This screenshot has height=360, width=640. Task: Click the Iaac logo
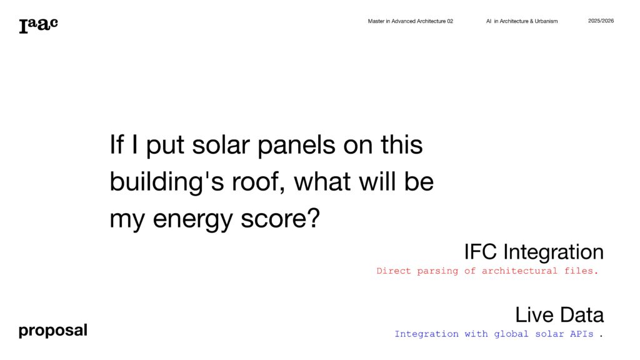click(38, 25)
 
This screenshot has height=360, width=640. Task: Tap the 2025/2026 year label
click(601, 21)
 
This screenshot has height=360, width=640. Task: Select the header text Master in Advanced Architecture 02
click(410, 21)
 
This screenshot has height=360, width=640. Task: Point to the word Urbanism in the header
click(546, 21)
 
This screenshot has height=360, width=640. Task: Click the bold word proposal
click(53, 331)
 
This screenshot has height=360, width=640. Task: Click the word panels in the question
click(296, 145)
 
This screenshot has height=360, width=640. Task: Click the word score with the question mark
click(280, 218)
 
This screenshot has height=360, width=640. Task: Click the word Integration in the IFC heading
click(554, 252)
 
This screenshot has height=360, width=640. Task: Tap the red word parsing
click(437, 271)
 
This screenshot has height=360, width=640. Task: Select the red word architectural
click(519, 271)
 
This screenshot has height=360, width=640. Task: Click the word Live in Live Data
click(534, 315)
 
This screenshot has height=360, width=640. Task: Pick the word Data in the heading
click(582, 315)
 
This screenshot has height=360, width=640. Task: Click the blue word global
click(511, 334)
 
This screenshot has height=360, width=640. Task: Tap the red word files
click(581, 271)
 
